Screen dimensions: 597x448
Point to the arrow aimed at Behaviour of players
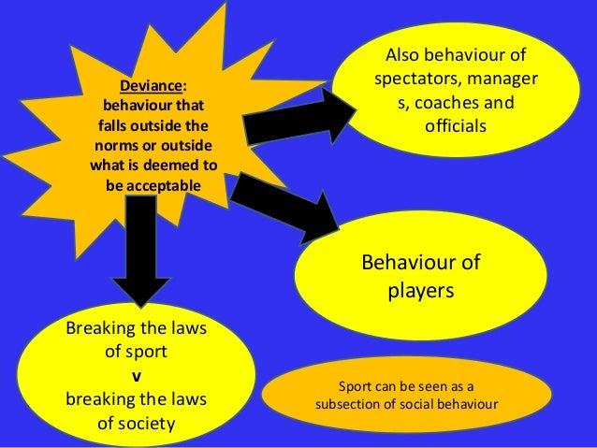click(x=284, y=201)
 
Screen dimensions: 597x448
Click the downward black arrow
click(x=140, y=253)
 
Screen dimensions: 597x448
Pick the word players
click(x=421, y=292)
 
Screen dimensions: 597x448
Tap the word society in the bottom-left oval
click(x=144, y=424)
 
